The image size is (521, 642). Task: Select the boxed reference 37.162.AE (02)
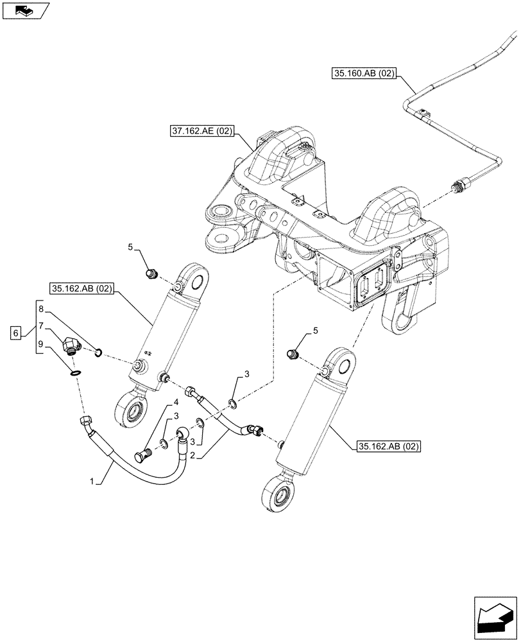point(203,133)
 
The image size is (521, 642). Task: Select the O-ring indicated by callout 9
point(75,373)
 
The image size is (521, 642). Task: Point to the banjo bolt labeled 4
point(142,456)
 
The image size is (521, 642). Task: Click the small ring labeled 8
point(98,351)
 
